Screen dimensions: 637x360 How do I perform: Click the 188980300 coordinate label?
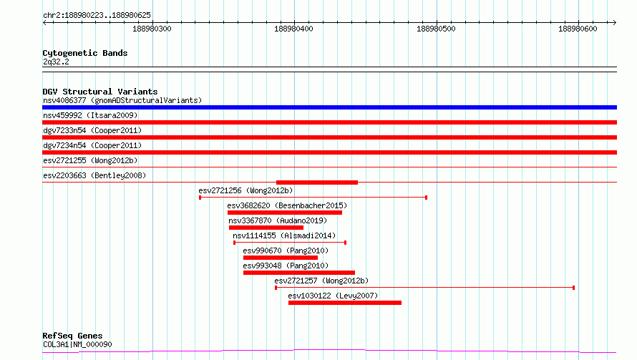[x=152, y=29]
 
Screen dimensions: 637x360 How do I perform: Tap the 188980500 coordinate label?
[x=436, y=29]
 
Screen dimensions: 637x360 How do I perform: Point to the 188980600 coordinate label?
[x=578, y=29]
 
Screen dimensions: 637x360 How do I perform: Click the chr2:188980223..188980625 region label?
[x=97, y=16]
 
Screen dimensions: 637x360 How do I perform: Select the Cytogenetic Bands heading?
[x=85, y=53]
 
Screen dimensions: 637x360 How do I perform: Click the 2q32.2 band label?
[x=56, y=62]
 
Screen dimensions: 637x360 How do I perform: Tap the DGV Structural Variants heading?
[x=100, y=92]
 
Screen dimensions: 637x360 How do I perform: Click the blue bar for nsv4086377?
[x=329, y=107]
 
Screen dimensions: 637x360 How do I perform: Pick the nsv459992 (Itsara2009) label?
[x=90, y=115]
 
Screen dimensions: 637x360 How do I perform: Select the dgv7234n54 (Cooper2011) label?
[x=92, y=145]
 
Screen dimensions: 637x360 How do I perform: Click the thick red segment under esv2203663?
[x=317, y=183]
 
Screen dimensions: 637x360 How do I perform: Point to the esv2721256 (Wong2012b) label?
[x=245, y=190]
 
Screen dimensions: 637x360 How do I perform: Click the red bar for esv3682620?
[x=285, y=213]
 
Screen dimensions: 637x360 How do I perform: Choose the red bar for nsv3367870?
[x=266, y=228]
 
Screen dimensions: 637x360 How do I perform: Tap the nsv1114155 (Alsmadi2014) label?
[x=284, y=235]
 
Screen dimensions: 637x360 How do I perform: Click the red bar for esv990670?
[x=281, y=258]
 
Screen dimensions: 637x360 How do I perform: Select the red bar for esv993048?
[x=299, y=273]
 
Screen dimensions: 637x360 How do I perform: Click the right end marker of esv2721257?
[x=573, y=288]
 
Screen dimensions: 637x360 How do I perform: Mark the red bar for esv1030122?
[x=345, y=303]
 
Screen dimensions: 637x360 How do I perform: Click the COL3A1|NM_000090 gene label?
[x=77, y=344]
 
